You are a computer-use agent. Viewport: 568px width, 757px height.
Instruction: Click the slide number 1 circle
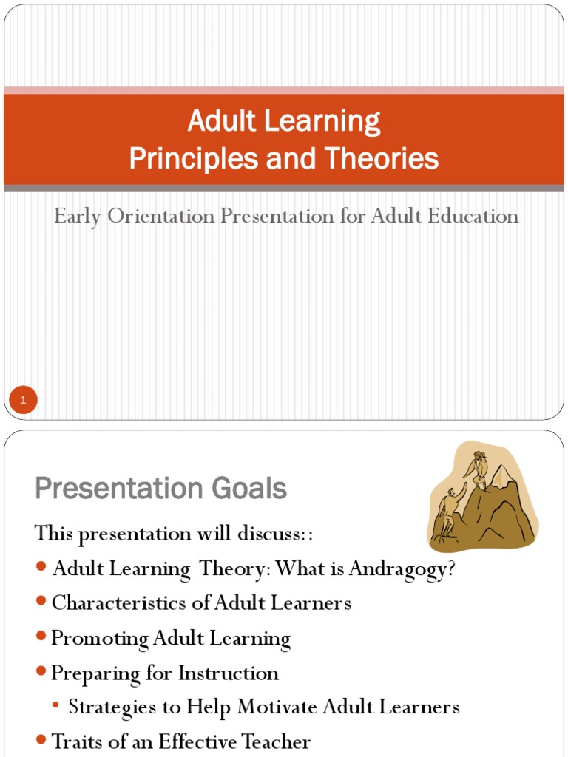click(x=23, y=401)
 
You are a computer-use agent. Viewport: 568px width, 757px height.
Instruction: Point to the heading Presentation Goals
click(x=160, y=489)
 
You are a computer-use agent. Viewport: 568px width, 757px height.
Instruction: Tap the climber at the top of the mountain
click(x=477, y=469)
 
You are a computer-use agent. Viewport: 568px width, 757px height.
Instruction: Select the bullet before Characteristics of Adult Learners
click(x=41, y=602)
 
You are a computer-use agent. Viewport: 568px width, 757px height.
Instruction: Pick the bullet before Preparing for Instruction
click(x=41, y=673)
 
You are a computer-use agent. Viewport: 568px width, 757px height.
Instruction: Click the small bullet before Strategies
click(x=57, y=707)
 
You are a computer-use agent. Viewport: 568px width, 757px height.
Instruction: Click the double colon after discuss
click(x=319, y=534)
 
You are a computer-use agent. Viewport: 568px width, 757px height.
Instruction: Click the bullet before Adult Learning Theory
click(x=41, y=568)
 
